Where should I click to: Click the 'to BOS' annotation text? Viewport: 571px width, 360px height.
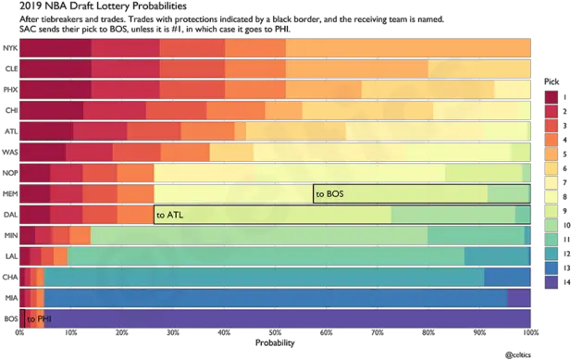pos(329,194)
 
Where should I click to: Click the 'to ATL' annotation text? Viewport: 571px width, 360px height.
pos(169,215)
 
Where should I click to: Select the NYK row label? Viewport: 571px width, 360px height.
pos(10,47)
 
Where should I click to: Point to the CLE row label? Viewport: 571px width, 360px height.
pos(10,68)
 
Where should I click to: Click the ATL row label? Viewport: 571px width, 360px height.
pos(10,130)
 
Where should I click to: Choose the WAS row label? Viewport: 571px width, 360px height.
pos(10,152)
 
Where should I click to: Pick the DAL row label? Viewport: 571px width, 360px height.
pos(10,215)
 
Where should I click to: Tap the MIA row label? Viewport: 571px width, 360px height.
pos(10,298)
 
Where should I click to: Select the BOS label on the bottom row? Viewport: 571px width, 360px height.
pos(10,319)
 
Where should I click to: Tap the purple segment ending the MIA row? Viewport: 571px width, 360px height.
pos(518,298)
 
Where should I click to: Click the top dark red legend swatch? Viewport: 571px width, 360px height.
pos(552,95)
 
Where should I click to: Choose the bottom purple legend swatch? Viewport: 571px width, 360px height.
pos(552,280)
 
